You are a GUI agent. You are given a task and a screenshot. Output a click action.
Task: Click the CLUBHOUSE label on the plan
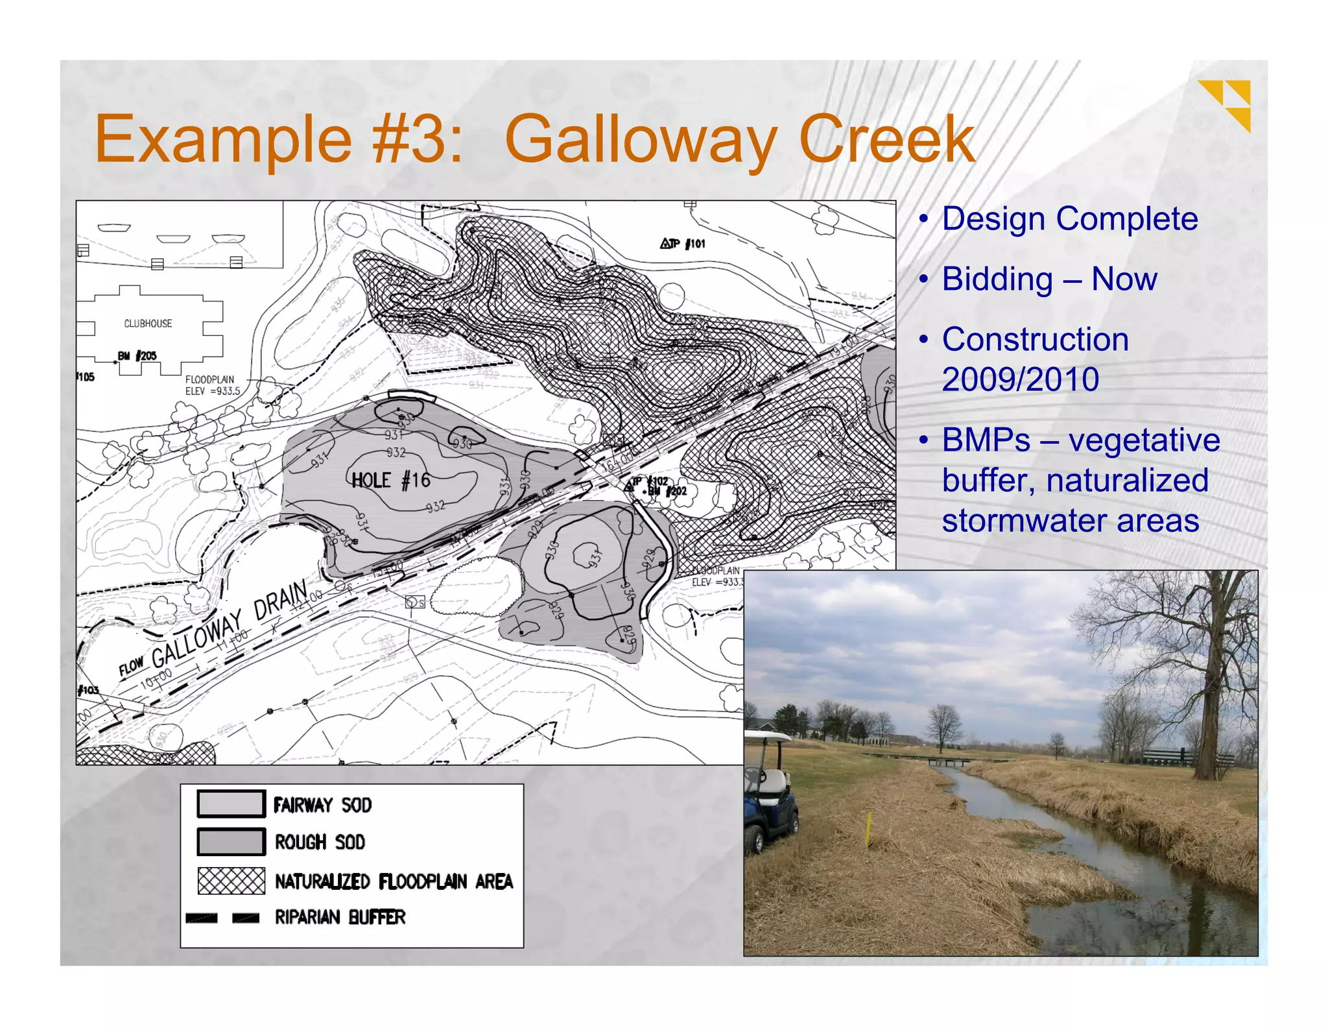click(x=148, y=324)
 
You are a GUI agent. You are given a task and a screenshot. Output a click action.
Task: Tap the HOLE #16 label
click(x=390, y=481)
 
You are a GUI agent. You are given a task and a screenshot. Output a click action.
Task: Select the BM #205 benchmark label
click(x=137, y=356)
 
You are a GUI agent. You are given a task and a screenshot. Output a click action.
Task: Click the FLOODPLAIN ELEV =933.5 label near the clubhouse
click(x=212, y=385)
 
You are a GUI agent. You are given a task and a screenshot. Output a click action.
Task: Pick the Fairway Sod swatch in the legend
click(x=231, y=804)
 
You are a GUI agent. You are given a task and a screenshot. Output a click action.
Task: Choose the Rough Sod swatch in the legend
click(x=231, y=842)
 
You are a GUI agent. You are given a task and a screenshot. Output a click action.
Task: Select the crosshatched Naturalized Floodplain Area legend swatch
click(x=231, y=881)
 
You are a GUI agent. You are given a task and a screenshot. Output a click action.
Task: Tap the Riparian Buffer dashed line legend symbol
click(x=222, y=918)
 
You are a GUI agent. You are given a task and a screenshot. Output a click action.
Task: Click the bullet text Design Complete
click(x=1069, y=219)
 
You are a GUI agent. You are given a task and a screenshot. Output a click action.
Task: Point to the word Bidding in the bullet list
click(x=997, y=280)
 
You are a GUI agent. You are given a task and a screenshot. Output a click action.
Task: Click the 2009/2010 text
click(x=1020, y=379)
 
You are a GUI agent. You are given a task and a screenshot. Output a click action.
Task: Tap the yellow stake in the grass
click(x=868, y=831)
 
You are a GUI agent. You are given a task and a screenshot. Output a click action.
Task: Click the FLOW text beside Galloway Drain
click(x=131, y=666)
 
